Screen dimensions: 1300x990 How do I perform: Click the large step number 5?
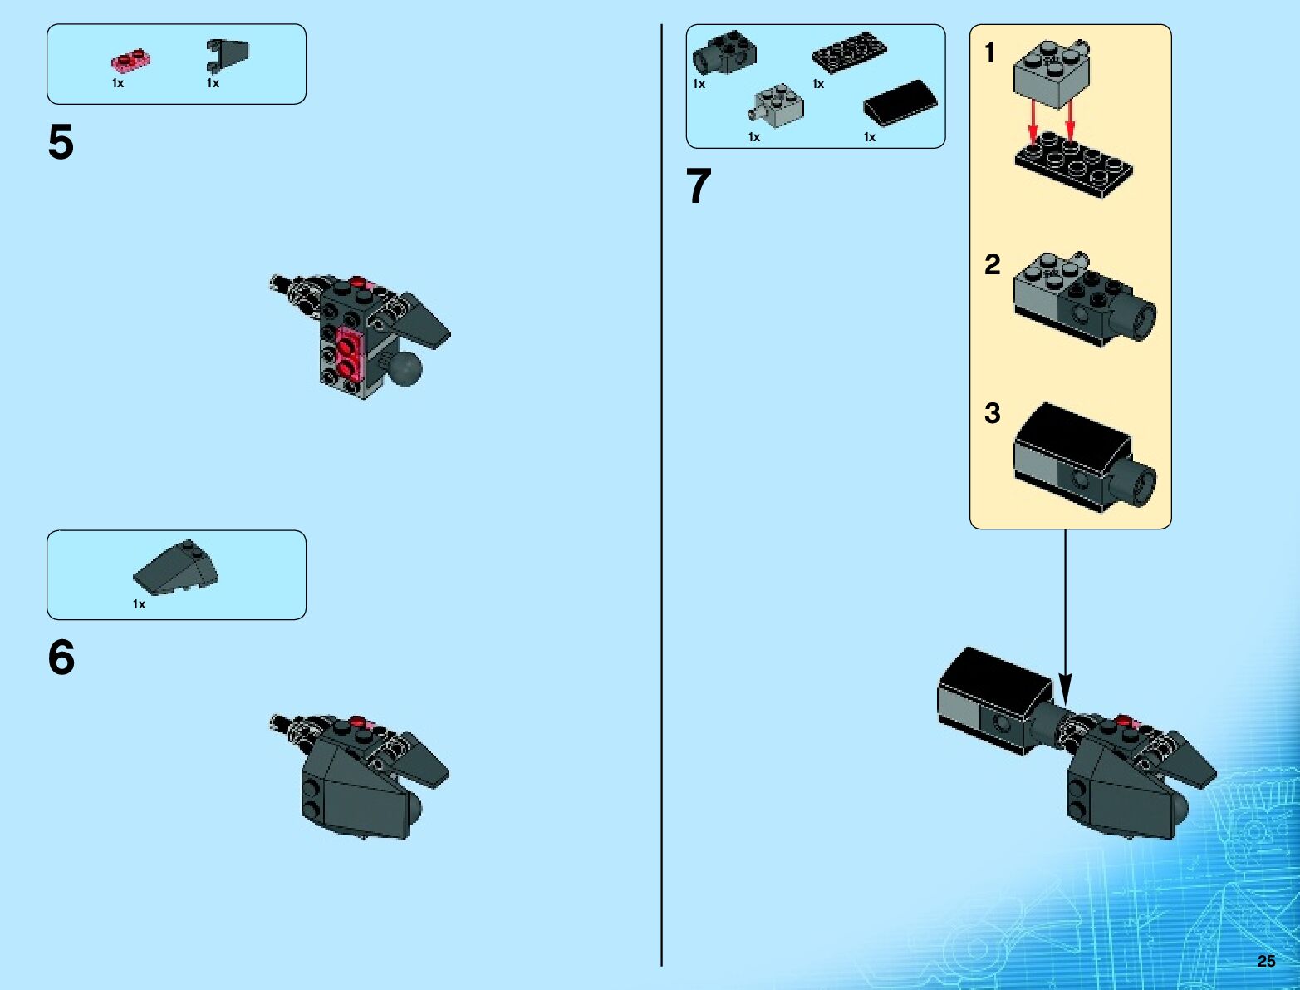61,143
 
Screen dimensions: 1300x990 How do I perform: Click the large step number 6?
61,658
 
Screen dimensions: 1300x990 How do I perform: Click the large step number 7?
699,186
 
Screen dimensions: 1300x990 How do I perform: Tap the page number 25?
1266,961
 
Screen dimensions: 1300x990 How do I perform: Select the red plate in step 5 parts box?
130,61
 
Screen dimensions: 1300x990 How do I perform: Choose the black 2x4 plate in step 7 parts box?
849,55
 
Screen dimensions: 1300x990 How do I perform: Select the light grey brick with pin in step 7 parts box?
778,106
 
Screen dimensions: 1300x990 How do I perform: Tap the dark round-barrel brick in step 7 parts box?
724,52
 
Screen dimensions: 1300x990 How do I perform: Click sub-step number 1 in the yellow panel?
989,54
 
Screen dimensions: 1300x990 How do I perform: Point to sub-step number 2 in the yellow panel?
992,265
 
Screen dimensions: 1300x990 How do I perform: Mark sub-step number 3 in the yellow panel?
992,413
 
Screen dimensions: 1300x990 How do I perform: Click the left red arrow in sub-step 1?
1033,121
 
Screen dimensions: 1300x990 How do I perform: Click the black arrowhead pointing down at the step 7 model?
1065,691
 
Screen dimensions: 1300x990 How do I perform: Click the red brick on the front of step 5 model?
348,352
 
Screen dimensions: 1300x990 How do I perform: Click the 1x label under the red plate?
118,83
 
